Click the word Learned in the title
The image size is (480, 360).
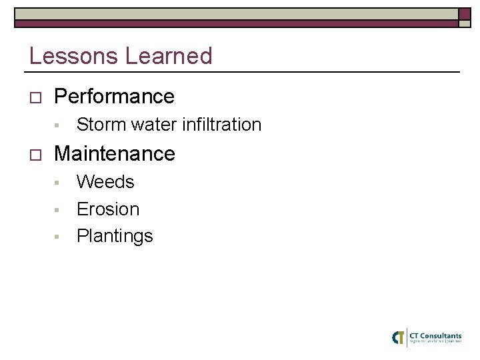(x=168, y=56)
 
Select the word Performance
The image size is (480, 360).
(x=114, y=97)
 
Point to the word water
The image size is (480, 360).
(x=156, y=125)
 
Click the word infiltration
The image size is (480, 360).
(x=224, y=125)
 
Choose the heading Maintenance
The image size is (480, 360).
(x=114, y=154)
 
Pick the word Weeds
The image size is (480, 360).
(x=105, y=182)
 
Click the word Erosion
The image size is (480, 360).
(x=108, y=209)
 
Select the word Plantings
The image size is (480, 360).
(x=115, y=237)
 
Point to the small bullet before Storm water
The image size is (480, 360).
(x=58, y=125)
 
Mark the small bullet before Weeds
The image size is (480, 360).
(x=58, y=183)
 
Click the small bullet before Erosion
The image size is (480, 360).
(x=58, y=210)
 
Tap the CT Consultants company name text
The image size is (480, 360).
(x=435, y=335)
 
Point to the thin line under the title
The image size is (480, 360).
(x=244, y=71)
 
